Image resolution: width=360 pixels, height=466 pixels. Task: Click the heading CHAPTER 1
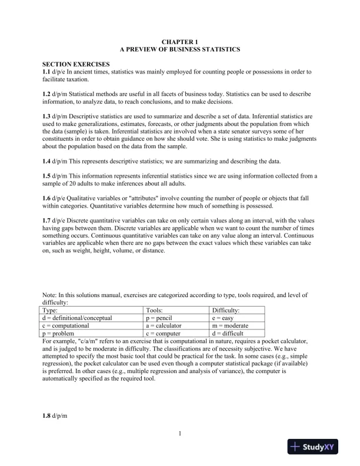[x=179, y=42]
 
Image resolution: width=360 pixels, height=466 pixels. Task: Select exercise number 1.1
[x=46, y=71]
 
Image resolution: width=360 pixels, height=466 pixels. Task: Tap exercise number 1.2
[x=46, y=94]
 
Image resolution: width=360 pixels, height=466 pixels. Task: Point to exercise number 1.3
[x=46, y=116]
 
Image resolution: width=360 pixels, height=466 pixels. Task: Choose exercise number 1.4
[x=46, y=161]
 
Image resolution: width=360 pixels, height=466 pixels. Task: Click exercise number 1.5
[x=46, y=176]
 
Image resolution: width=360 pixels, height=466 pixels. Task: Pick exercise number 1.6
[x=46, y=198]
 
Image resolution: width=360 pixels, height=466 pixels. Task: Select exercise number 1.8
[x=46, y=416]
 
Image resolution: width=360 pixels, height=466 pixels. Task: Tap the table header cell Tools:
[x=156, y=310]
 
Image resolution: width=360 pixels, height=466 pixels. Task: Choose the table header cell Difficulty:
[x=226, y=310]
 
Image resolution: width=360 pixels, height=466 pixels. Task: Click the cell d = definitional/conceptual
[x=78, y=318]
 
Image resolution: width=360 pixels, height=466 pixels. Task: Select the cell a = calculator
[x=164, y=325]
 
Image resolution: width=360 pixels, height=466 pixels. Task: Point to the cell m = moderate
[x=231, y=325]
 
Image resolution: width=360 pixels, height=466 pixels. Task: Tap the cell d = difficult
[x=229, y=333]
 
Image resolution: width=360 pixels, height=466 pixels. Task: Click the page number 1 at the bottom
[x=179, y=434]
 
